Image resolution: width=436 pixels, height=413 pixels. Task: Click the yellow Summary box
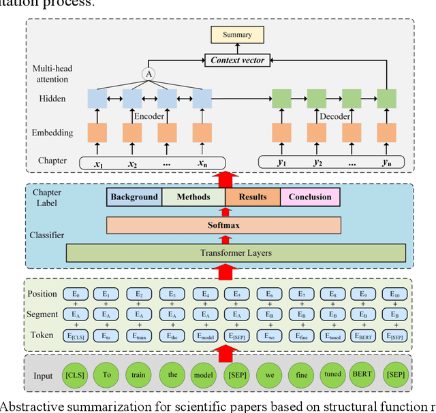point(237,34)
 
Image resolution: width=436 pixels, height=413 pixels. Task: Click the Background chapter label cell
point(134,197)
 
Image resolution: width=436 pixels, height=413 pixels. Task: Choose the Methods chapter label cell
point(193,197)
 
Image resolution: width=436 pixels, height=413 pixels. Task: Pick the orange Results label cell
point(252,197)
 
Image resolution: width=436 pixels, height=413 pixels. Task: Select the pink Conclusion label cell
point(310,197)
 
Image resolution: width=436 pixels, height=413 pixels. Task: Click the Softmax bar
point(224,225)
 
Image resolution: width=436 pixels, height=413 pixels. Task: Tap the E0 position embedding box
point(77,294)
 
